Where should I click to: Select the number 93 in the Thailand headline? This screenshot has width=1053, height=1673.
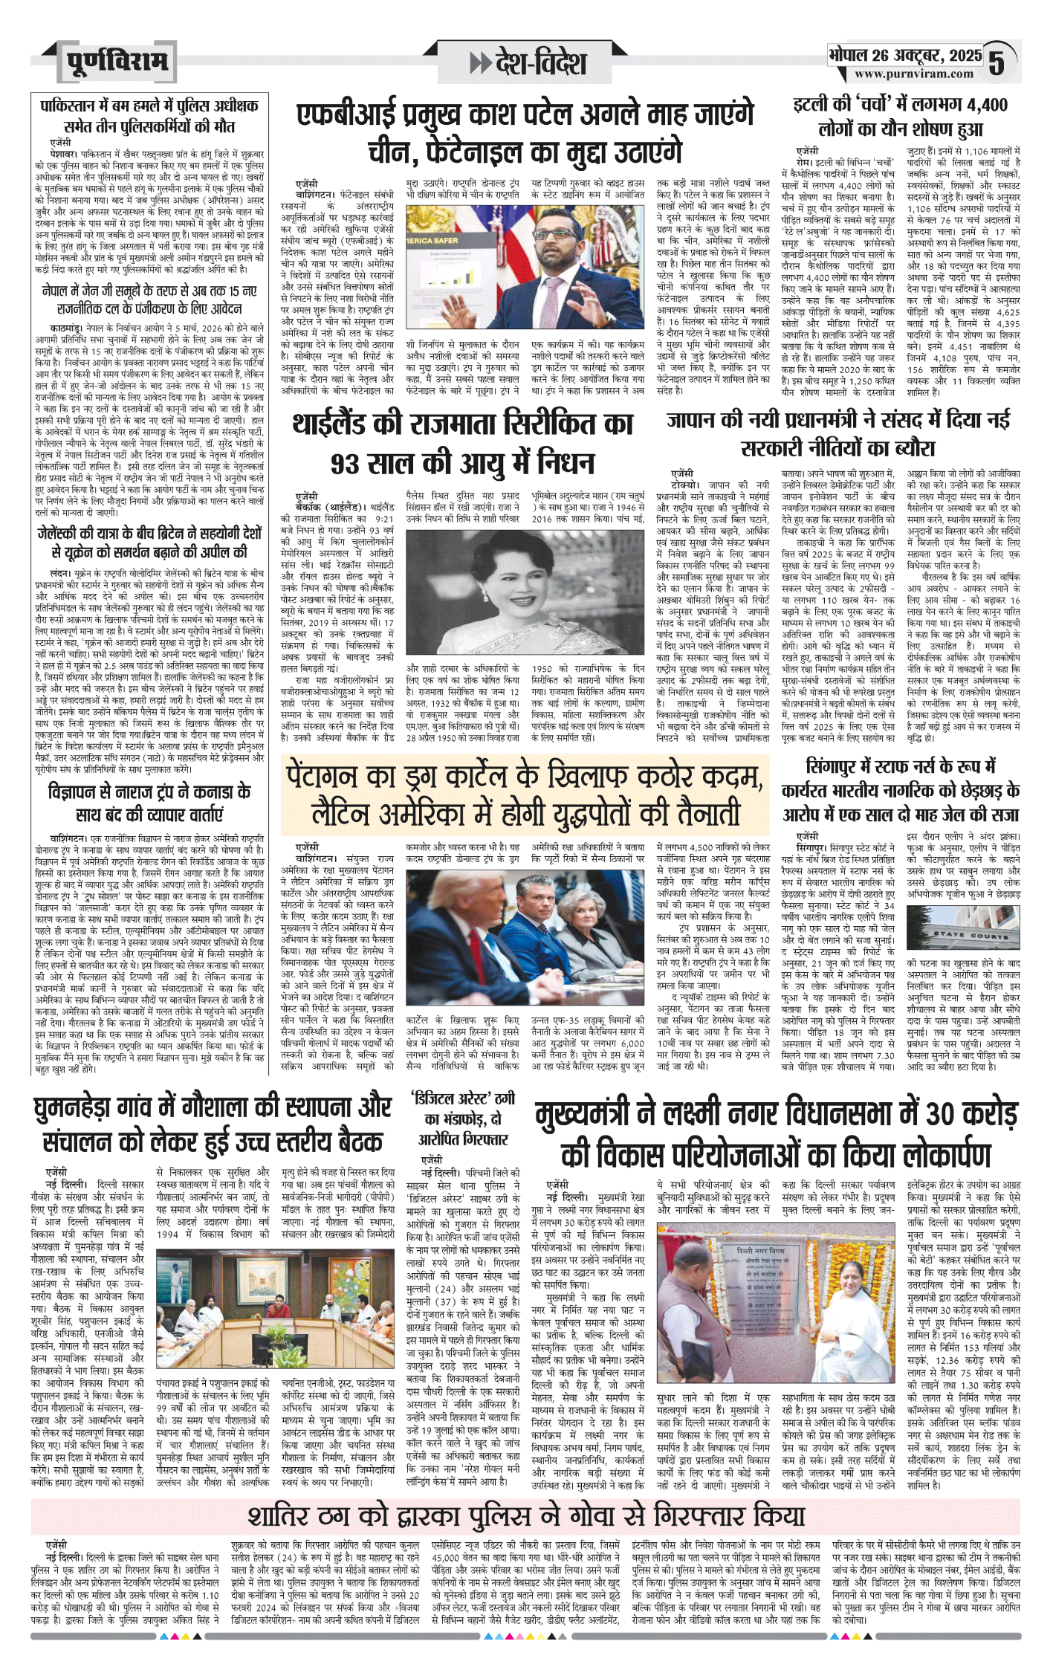click(351, 465)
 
